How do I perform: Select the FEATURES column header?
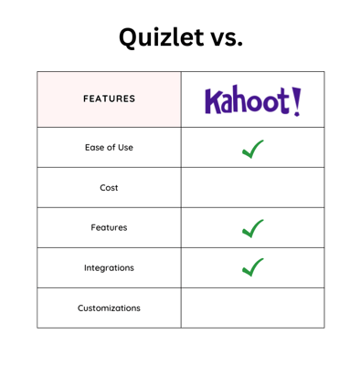109,99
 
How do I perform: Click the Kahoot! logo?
252,99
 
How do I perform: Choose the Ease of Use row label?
109,147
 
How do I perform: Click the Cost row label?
109,188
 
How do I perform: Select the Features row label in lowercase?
109,228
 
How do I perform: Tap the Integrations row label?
109,268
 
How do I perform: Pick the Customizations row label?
109,308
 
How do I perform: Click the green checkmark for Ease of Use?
253,148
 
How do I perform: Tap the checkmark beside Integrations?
253,268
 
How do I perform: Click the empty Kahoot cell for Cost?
252,188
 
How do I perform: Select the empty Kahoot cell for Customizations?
252,308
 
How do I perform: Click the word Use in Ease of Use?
124,147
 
